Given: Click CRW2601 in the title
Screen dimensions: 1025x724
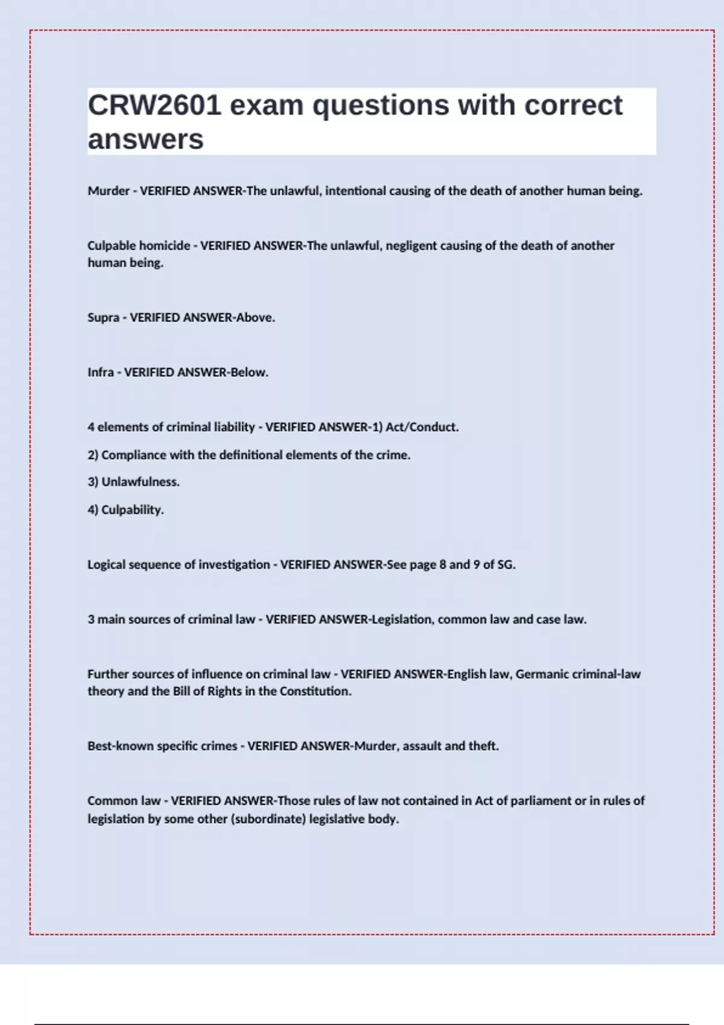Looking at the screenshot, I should point(154,106).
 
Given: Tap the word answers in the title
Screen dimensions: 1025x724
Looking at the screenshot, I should point(145,139).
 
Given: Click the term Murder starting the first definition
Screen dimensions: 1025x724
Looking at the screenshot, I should point(109,191).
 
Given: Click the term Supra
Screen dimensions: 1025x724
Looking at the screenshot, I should point(103,318).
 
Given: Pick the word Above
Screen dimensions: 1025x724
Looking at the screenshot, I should point(255,318).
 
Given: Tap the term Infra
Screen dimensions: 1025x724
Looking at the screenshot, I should point(100,373).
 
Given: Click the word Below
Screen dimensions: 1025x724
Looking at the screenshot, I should point(249,373).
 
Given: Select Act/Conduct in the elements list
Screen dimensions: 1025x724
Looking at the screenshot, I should point(422,427).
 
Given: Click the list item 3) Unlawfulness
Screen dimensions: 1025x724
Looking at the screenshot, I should point(133,482).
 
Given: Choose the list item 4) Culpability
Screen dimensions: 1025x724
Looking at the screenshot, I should point(125,510).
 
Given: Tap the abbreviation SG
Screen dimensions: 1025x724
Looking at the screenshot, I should point(506,565).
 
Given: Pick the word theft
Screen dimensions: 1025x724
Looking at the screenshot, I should point(483,746).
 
